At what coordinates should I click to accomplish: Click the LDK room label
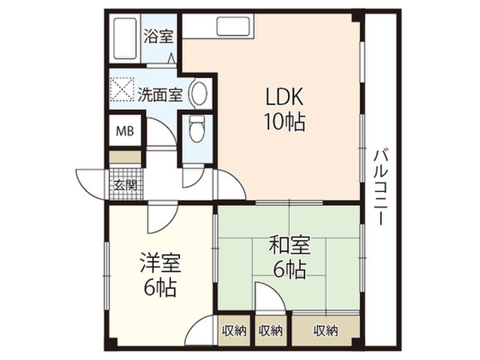tap(284, 96)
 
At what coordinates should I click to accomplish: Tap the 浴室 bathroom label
tap(158, 37)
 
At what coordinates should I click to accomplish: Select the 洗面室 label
tap(160, 94)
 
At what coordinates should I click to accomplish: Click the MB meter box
tap(125, 131)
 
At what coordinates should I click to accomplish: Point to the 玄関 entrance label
tap(125, 185)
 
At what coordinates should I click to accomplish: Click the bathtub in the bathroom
tap(125, 39)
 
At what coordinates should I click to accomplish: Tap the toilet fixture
tap(196, 128)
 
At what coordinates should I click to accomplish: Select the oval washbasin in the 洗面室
tap(199, 93)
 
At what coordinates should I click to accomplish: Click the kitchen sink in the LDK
tap(233, 27)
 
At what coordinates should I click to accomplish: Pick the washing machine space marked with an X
tap(122, 89)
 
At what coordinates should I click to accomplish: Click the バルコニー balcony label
tap(379, 187)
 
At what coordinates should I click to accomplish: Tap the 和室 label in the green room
tap(289, 244)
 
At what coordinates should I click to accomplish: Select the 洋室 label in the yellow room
tap(160, 263)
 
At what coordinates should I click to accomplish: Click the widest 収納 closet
tap(325, 331)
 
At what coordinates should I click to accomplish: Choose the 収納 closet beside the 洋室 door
tap(234, 331)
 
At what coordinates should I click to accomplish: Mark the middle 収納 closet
tap(271, 331)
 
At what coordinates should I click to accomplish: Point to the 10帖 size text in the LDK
tap(284, 121)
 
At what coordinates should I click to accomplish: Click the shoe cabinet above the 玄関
tap(125, 157)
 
